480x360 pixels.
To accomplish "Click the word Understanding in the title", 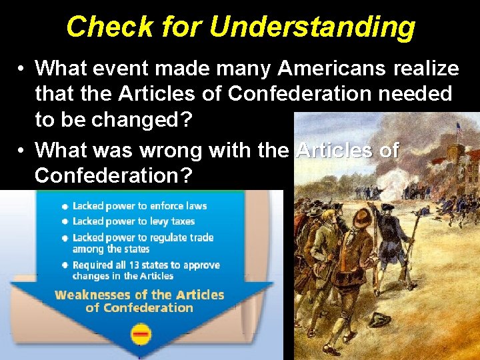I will [311, 27].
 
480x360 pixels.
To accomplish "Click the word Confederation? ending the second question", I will [114, 176].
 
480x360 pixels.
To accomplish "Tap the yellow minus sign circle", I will [141, 333].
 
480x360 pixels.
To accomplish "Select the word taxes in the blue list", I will [182, 221].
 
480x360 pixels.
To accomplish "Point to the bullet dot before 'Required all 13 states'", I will [65, 265].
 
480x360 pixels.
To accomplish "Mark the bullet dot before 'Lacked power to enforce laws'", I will [65, 207].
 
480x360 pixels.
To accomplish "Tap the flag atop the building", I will [459, 126].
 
